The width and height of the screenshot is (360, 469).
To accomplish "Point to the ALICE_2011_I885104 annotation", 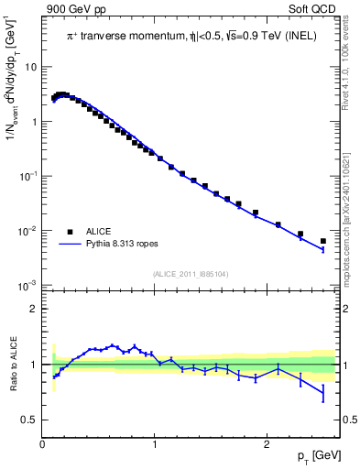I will [190, 273].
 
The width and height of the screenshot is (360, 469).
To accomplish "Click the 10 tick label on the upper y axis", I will [31, 67].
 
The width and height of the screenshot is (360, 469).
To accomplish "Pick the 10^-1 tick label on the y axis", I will [28, 176].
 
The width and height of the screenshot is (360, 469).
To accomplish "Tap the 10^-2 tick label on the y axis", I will [28, 231].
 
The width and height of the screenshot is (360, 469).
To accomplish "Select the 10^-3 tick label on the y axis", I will [28, 286].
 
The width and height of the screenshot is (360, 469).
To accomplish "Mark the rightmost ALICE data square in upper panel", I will [322, 241].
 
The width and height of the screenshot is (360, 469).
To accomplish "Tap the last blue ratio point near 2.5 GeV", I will [322, 394].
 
